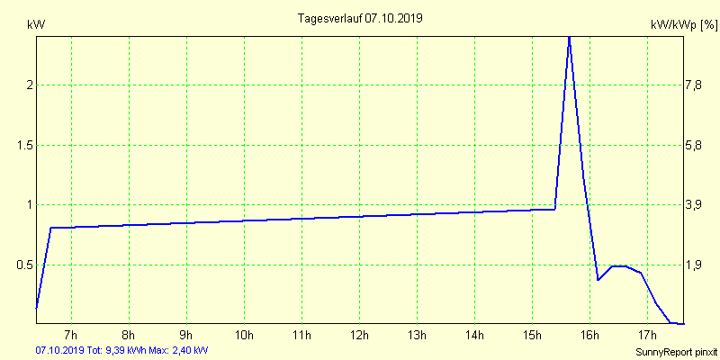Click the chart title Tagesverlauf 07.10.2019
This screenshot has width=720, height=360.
click(359, 18)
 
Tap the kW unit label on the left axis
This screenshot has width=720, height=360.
click(36, 24)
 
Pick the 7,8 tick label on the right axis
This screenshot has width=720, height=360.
click(694, 85)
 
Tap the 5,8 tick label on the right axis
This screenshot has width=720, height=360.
click(694, 145)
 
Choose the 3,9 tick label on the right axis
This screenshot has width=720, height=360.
click(694, 205)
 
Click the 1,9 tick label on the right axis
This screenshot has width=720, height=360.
click(694, 265)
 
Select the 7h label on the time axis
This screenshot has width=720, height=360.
click(71, 336)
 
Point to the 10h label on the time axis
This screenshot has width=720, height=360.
click(243, 336)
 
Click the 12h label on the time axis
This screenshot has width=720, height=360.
click(358, 336)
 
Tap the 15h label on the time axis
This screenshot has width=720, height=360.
click(531, 336)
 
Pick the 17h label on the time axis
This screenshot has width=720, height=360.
click(646, 336)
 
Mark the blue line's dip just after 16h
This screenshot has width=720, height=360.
click(598, 279)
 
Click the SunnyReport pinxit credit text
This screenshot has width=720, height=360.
click(674, 350)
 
